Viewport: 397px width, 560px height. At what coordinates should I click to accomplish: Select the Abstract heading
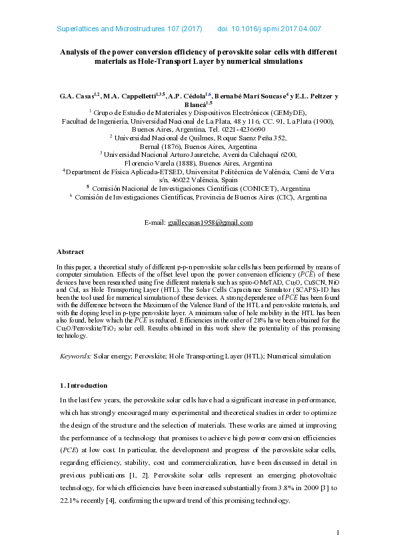(70, 252)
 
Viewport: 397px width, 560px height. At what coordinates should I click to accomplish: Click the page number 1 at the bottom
(338, 532)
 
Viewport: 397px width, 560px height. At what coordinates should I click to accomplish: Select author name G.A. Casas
(76, 96)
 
